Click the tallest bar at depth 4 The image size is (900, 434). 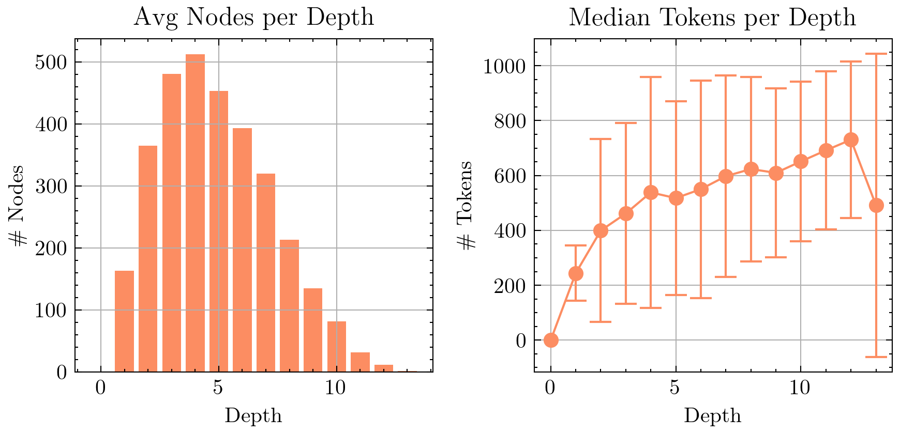(x=195, y=213)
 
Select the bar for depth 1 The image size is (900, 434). (x=124, y=321)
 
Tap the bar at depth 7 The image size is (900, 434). (x=266, y=272)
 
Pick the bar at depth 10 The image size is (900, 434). (x=337, y=346)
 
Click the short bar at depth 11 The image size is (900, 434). (x=360, y=362)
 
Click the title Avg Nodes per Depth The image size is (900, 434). (x=253, y=18)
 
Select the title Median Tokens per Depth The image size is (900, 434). (x=712, y=18)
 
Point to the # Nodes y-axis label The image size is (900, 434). (x=18, y=206)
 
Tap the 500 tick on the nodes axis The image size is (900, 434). (x=51, y=63)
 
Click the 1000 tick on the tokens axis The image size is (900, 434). (x=504, y=66)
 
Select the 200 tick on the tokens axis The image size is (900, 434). (x=509, y=286)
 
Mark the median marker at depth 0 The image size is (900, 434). (x=551, y=340)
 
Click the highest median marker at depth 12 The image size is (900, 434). (x=851, y=140)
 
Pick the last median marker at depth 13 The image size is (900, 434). (x=876, y=205)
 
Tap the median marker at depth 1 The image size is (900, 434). (x=576, y=273)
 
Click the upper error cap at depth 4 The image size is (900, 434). (x=651, y=77)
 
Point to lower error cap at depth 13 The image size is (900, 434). (x=876, y=357)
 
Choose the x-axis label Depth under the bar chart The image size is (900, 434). (x=253, y=416)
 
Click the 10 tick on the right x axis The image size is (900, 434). (x=800, y=388)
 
